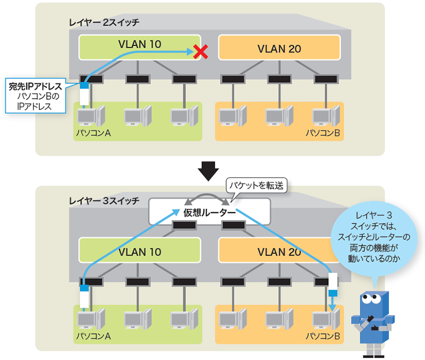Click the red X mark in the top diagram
200,52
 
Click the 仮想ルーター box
209,212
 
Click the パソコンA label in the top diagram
92,133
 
